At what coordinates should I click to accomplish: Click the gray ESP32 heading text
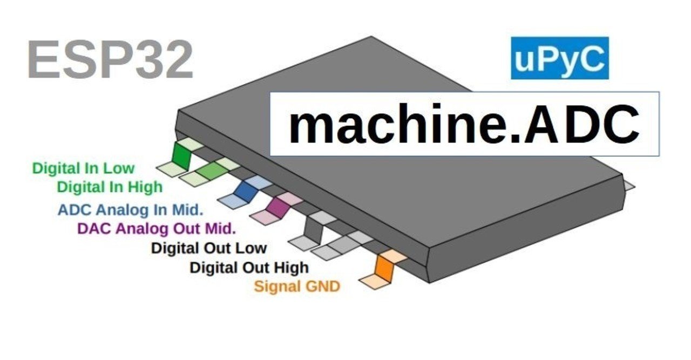coord(110,60)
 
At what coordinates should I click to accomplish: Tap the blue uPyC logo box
coord(559,58)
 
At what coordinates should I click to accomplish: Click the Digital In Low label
coord(83,168)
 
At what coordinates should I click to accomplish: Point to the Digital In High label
coord(110,187)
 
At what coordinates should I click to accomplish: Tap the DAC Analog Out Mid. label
coord(157,229)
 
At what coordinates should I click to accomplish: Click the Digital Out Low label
coord(209,248)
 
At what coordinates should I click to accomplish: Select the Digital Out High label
coord(249,267)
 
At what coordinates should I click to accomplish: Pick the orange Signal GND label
coord(297,286)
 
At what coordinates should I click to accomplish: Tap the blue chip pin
coord(245,191)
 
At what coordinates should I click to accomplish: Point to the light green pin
coord(212,171)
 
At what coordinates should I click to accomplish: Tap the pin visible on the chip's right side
coord(628,186)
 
